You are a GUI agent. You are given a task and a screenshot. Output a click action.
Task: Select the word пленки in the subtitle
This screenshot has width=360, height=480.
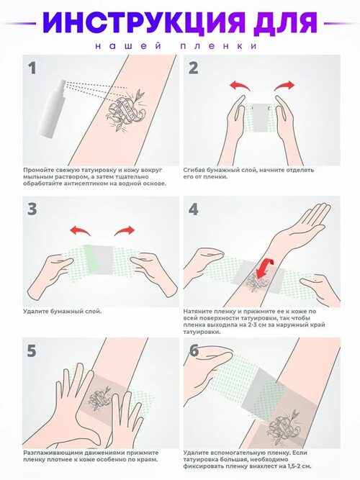pyautogui.click(x=218, y=46)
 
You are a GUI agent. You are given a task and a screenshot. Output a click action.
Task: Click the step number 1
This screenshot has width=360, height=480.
pyautogui.click(x=32, y=68)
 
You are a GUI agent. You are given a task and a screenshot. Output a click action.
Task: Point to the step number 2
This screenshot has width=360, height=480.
pyautogui.click(x=194, y=68)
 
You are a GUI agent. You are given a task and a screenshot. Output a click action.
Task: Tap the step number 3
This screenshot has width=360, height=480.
pyautogui.click(x=32, y=209)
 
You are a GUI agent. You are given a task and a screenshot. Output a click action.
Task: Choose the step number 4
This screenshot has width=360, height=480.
pyautogui.click(x=194, y=209)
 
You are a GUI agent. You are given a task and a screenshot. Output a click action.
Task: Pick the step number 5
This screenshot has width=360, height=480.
pyautogui.click(x=32, y=350)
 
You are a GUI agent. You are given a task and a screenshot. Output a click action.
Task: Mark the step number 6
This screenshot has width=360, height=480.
pyautogui.click(x=194, y=350)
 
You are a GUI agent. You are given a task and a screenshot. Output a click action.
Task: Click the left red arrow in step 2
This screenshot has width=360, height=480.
pyautogui.click(x=240, y=86)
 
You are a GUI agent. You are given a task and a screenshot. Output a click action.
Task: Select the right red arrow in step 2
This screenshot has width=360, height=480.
pyautogui.click(x=284, y=86)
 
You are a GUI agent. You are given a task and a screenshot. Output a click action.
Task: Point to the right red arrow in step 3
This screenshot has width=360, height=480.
pyautogui.click(x=125, y=230)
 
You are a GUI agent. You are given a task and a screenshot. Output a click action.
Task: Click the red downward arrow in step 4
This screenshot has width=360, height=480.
pyautogui.click(x=265, y=268)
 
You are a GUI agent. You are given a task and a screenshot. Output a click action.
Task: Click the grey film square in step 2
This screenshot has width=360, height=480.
pyautogui.click(x=261, y=117)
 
